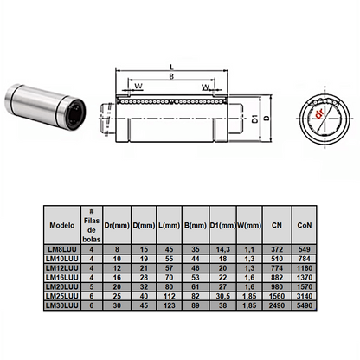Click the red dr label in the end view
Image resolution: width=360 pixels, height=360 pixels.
[x=318, y=113]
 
